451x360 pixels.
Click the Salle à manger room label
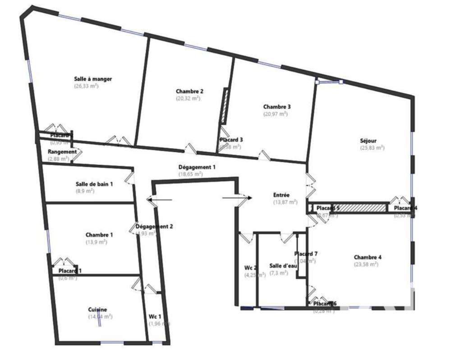93,79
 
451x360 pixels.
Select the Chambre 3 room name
276,107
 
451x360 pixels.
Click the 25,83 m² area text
372,147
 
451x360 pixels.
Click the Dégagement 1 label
197,167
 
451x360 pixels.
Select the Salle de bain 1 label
94,183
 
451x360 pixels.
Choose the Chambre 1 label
99,234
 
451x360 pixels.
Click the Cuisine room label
97,309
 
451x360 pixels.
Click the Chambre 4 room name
368,257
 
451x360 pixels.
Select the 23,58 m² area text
366,264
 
